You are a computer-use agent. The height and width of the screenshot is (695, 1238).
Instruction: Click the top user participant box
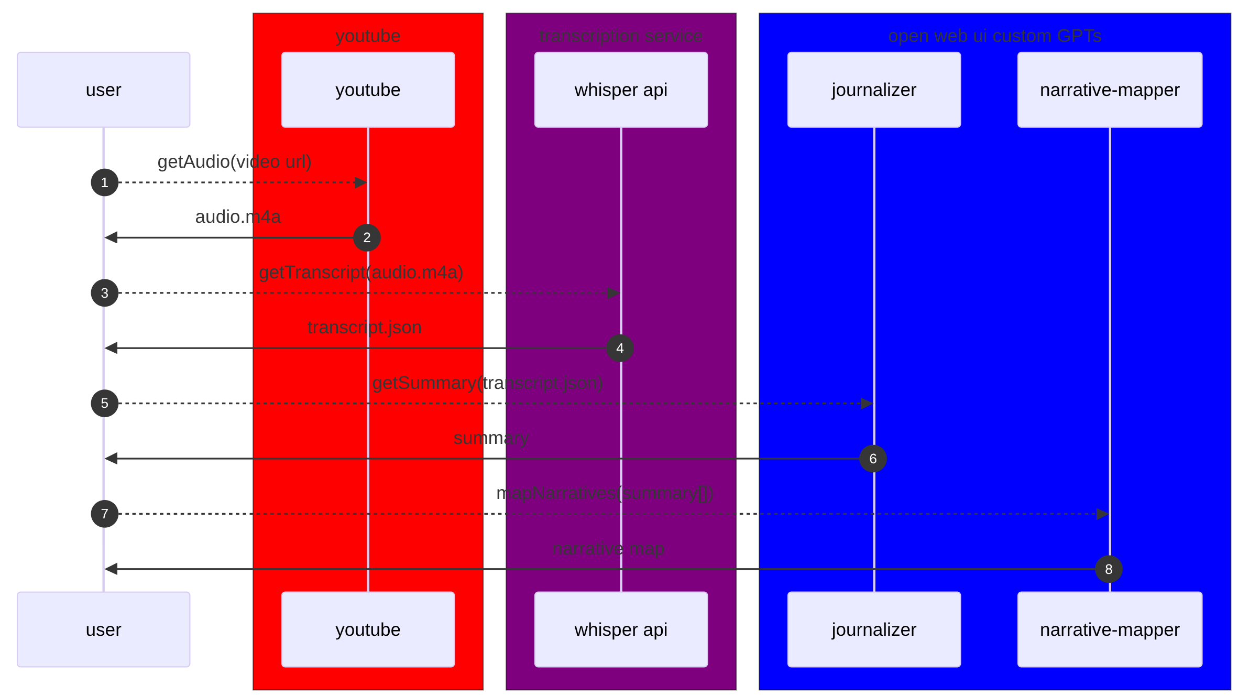click(x=103, y=90)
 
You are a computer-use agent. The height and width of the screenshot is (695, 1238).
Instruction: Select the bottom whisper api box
click(x=621, y=629)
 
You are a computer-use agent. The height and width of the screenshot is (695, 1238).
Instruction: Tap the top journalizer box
click(x=874, y=90)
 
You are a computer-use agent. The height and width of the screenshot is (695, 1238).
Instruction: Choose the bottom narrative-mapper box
click(x=1110, y=629)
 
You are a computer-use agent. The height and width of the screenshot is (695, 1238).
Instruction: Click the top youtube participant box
click(x=368, y=90)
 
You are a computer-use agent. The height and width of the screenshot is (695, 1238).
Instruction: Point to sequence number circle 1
click(x=105, y=182)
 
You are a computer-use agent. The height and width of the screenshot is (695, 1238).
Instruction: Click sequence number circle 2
click(x=367, y=237)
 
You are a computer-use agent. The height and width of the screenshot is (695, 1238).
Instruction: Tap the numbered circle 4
click(x=620, y=348)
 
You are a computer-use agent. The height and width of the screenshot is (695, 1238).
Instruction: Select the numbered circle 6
click(x=873, y=459)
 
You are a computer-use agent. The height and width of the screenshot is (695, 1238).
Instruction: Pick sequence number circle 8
click(x=1109, y=569)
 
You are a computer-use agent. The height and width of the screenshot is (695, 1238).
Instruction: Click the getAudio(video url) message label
click(x=234, y=162)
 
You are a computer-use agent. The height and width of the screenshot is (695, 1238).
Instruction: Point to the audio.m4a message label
click(x=238, y=217)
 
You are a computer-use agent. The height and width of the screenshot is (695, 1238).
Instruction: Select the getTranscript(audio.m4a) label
click(x=361, y=273)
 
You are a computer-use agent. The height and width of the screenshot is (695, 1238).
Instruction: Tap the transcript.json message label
click(x=365, y=328)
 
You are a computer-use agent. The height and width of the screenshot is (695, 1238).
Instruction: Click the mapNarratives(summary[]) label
click(x=605, y=493)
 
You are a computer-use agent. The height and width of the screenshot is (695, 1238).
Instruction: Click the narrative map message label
click(x=608, y=549)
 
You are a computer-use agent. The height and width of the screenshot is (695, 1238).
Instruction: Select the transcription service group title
click(x=621, y=36)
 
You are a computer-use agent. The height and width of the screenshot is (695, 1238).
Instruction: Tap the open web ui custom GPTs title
click(x=994, y=36)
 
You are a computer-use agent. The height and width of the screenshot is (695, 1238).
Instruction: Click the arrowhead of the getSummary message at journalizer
click(x=867, y=404)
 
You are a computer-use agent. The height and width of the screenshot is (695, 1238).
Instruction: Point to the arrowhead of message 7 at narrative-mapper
click(x=1103, y=514)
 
